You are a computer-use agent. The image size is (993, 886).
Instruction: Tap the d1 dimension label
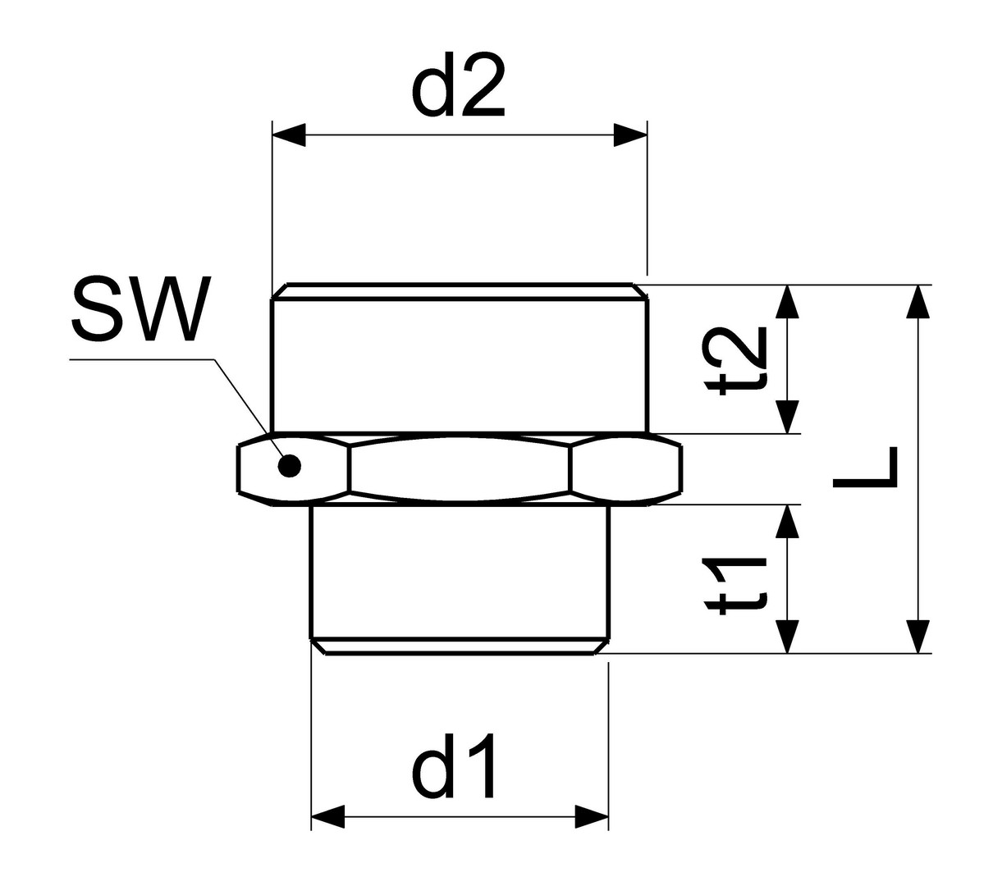(453, 766)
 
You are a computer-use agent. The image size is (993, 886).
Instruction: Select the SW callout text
(142, 308)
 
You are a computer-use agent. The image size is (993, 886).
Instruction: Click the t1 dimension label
(734, 586)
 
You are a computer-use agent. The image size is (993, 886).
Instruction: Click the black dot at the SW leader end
(289, 468)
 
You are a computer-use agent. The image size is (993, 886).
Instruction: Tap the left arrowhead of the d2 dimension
(289, 135)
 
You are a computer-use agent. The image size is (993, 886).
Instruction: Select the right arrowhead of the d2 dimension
(630, 135)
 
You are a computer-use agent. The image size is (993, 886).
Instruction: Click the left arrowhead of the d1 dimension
(328, 816)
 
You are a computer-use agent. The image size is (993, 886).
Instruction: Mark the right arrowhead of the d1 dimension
(592, 816)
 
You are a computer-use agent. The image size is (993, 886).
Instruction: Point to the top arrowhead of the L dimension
(918, 301)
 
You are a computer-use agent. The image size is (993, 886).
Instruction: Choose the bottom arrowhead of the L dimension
(918, 637)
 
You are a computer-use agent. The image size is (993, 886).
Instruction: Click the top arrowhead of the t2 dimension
(788, 301)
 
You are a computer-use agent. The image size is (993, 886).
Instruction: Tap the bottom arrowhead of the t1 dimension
(788, 637)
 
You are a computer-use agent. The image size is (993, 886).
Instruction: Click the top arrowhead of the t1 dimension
(788, 521)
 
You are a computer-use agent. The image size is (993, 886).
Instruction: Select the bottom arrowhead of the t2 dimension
(788, 417)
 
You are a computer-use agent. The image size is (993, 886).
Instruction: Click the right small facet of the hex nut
(625, 469)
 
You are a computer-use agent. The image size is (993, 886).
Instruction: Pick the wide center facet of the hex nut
(460, 468)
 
